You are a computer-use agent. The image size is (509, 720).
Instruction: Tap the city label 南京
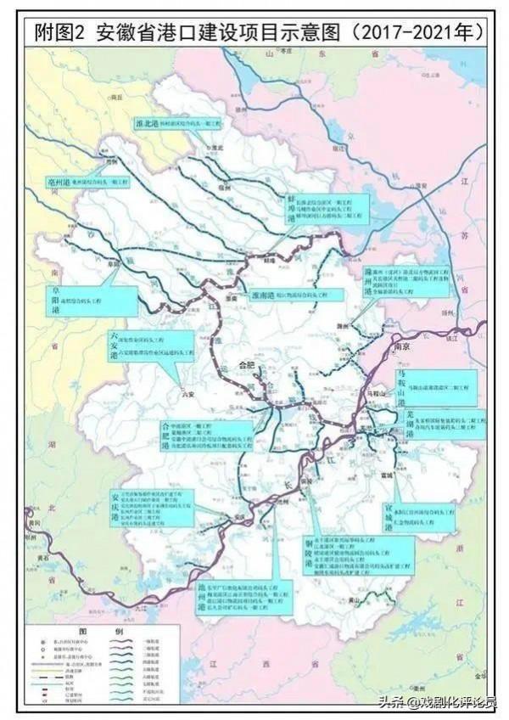pyautogui.click(x=401, y=346)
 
